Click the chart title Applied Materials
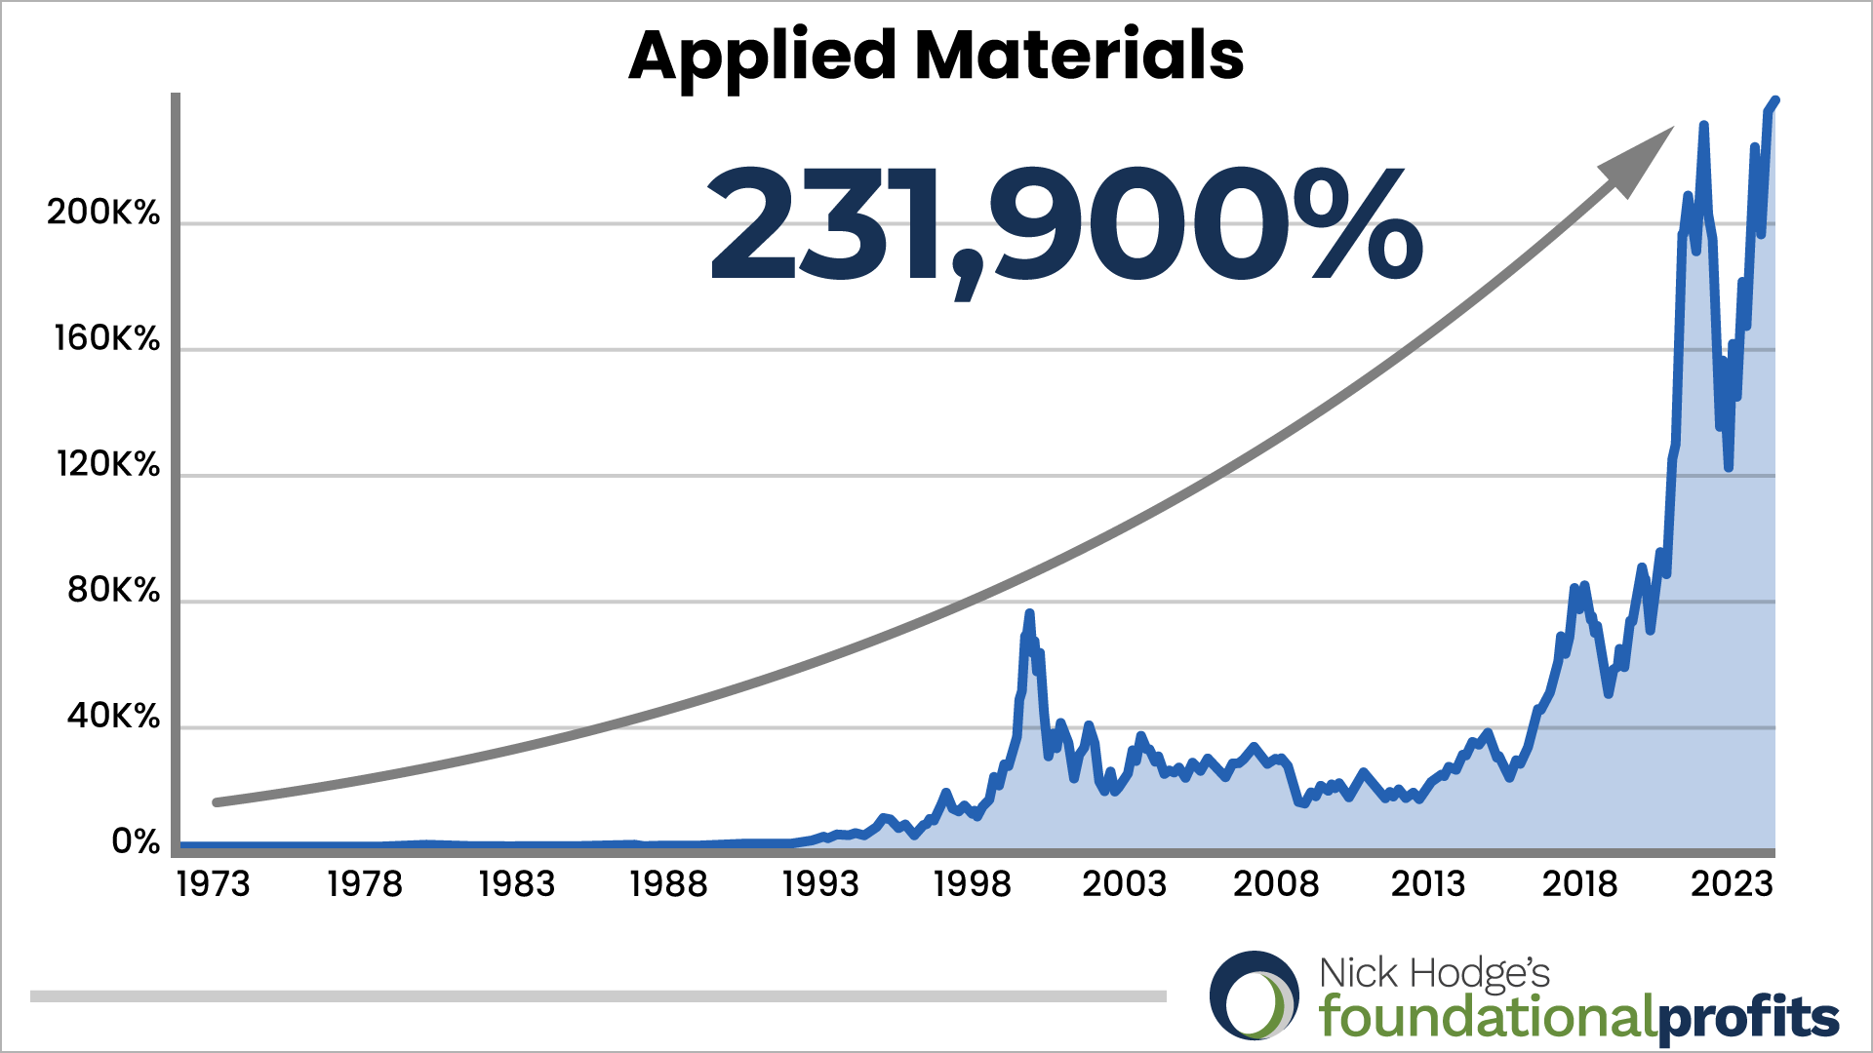pos(936,56)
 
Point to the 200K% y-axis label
pos(103,213)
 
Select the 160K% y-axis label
pos(106,338)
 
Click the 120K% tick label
pos(107,464)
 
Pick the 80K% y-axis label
pos(113,590)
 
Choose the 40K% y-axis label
pos(113,717)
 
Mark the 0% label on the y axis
pos(136,841)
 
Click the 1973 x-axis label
pos(213,884)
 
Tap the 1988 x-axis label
pos(668,884)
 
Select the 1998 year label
pos(973,884)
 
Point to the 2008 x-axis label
pos(1276,884)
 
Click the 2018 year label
pos(1579,884)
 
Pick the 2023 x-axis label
pos(1732,884)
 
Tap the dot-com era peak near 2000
pos(1029,613)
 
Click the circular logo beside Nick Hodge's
pos(1255,995)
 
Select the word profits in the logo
pos(1748,1019)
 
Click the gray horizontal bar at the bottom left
pos(598,996)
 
